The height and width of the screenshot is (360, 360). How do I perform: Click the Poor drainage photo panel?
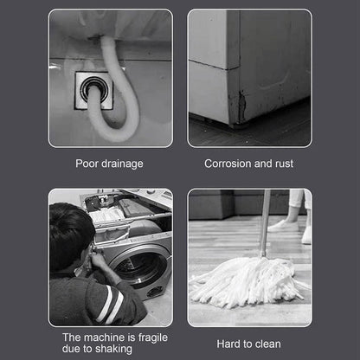pyautogui.click(x=110, y=78)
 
